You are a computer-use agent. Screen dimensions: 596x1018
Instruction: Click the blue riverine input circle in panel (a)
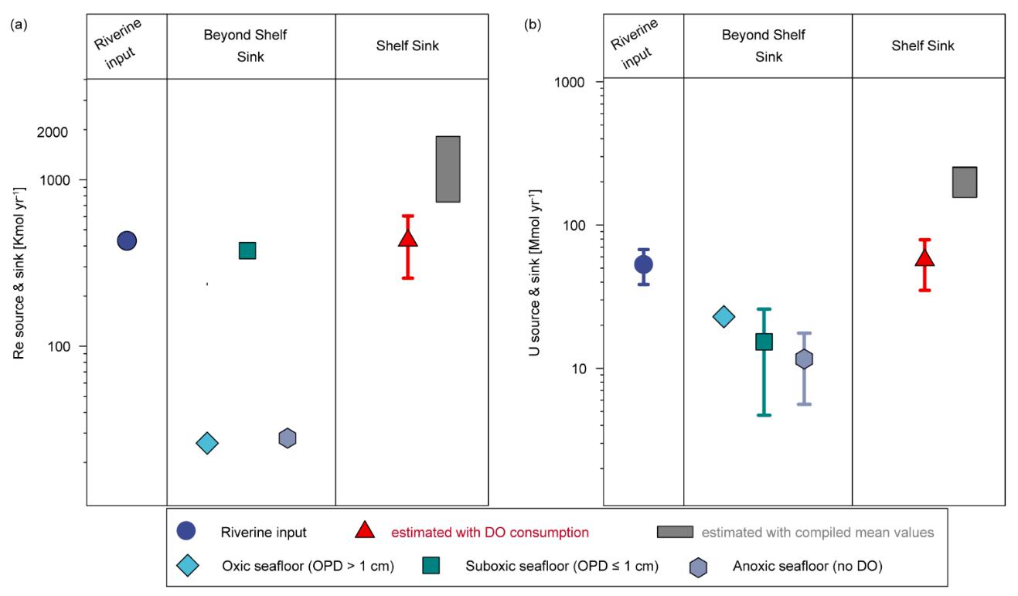(x=127, y=240)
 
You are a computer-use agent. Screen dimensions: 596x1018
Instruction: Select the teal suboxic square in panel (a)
(x=247, y=250)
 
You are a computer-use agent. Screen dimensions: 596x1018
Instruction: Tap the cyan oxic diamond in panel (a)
(x=206, y=442)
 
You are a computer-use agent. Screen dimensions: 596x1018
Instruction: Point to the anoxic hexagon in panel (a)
(x=288, y=438)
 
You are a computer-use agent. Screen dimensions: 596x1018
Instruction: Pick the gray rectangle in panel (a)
(x=448, y=169)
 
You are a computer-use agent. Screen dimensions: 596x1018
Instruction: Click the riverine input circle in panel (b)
(x=643, y=264)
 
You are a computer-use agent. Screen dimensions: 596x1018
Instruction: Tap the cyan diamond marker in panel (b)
(x=723, y=316)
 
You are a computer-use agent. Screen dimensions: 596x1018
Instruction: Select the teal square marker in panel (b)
(x=764, y=342)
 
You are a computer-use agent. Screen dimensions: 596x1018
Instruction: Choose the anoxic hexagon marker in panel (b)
(x=804, y=359)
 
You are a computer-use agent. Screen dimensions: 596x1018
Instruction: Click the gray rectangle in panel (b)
(x=965, y=182)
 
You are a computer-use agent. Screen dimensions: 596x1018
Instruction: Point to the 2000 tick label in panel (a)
(x=52, y=131)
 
